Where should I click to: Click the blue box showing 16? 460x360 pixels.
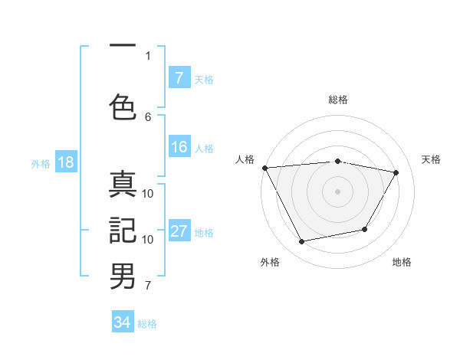click(179, 148)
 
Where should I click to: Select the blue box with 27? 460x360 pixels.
click(179, 232)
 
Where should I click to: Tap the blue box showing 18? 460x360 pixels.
click(65, 163)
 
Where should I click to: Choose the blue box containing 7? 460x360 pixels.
click(179, 78)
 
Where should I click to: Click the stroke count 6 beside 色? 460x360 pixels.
click(148, 116)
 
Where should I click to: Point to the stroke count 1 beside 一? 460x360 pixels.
click(148, 55)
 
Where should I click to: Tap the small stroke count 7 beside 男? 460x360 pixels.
click(148, 286)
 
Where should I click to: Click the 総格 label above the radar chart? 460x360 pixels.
click(338, 100)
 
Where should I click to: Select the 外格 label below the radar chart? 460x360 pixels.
click(270, 263)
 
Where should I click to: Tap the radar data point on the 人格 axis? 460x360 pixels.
click(264, 168)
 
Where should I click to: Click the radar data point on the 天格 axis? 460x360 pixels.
click(396, 172)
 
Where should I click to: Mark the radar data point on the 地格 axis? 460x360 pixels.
click(365, 229)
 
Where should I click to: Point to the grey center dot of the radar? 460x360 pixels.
click(338, 191)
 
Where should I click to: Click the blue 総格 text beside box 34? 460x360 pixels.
click(147, 323)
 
